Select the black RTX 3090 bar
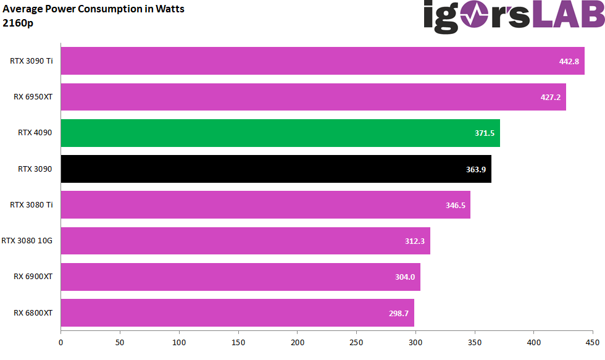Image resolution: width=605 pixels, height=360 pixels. pos(275,169)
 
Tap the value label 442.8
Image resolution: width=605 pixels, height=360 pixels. pos(569,61)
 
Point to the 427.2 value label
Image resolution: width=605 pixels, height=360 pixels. pos(550,97)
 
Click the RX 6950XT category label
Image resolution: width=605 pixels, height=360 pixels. pos(33,97)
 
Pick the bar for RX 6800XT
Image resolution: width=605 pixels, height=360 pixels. pos(237,312)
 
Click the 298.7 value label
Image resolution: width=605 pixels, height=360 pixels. pos(398,313)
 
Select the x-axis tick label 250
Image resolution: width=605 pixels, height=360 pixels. pos(357,341)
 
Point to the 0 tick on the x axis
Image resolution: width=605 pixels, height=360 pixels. pos(60,341)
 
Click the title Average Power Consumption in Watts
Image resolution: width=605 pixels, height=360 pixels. pos(94,9)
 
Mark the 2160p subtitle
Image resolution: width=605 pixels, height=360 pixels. pos(18,23)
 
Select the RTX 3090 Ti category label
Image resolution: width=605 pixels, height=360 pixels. pos(31,61)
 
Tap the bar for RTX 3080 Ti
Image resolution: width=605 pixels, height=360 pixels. pos(265,204)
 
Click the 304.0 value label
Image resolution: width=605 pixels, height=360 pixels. pos(405,277)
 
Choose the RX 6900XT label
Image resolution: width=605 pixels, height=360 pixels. pos(33,277)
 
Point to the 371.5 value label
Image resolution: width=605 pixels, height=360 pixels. pos(485,133)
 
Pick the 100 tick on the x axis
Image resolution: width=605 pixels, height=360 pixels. pos(179,341)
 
